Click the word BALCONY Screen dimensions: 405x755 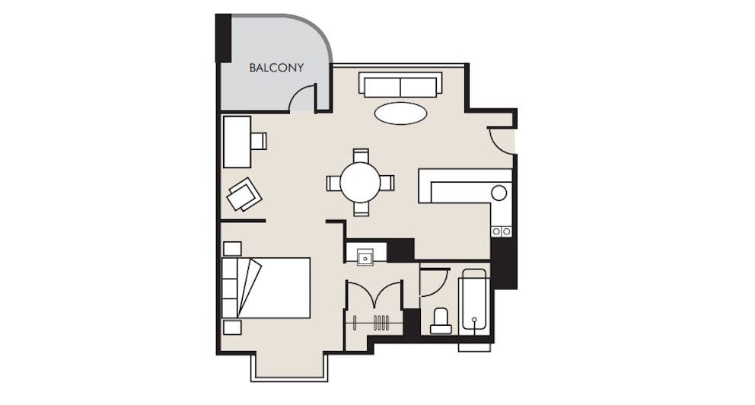276,68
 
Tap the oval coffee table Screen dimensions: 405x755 400,113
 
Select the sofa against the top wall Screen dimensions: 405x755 400,85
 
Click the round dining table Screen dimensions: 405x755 361,183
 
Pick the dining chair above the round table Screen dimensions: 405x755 361,156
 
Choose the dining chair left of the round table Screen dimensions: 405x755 333,183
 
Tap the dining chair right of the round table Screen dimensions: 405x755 387,183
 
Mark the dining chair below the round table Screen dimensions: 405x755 361,209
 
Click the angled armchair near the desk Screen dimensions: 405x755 244,194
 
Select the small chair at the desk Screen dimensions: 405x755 259,141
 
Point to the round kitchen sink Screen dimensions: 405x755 499,193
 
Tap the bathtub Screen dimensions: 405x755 474,301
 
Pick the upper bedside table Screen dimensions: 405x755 232,249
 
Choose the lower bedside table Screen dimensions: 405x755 232,327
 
